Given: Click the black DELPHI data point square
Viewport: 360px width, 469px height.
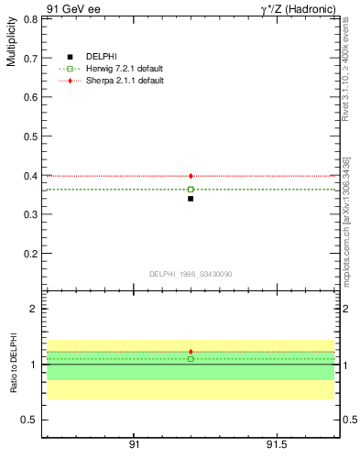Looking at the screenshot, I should click(191, 198).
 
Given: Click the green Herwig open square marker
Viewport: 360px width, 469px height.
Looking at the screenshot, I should click(191, 190).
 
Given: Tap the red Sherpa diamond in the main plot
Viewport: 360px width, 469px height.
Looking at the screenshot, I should click(191, 176).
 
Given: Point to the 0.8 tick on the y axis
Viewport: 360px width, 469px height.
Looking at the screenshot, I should click(30, 19).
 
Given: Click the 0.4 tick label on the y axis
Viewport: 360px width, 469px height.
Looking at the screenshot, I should click(30, 176).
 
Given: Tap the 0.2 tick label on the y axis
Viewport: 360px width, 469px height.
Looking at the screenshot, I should click(30, 254).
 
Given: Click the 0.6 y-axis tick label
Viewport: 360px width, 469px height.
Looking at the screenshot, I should click(30, 97).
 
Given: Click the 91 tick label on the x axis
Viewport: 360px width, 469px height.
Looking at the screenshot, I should click(134, 444).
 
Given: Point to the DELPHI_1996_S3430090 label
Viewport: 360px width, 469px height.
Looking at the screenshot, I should click(191, 274).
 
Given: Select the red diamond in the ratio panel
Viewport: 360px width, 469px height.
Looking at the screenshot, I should click(191, 352).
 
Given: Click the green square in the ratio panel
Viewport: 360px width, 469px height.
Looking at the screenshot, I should click(191, 358).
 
